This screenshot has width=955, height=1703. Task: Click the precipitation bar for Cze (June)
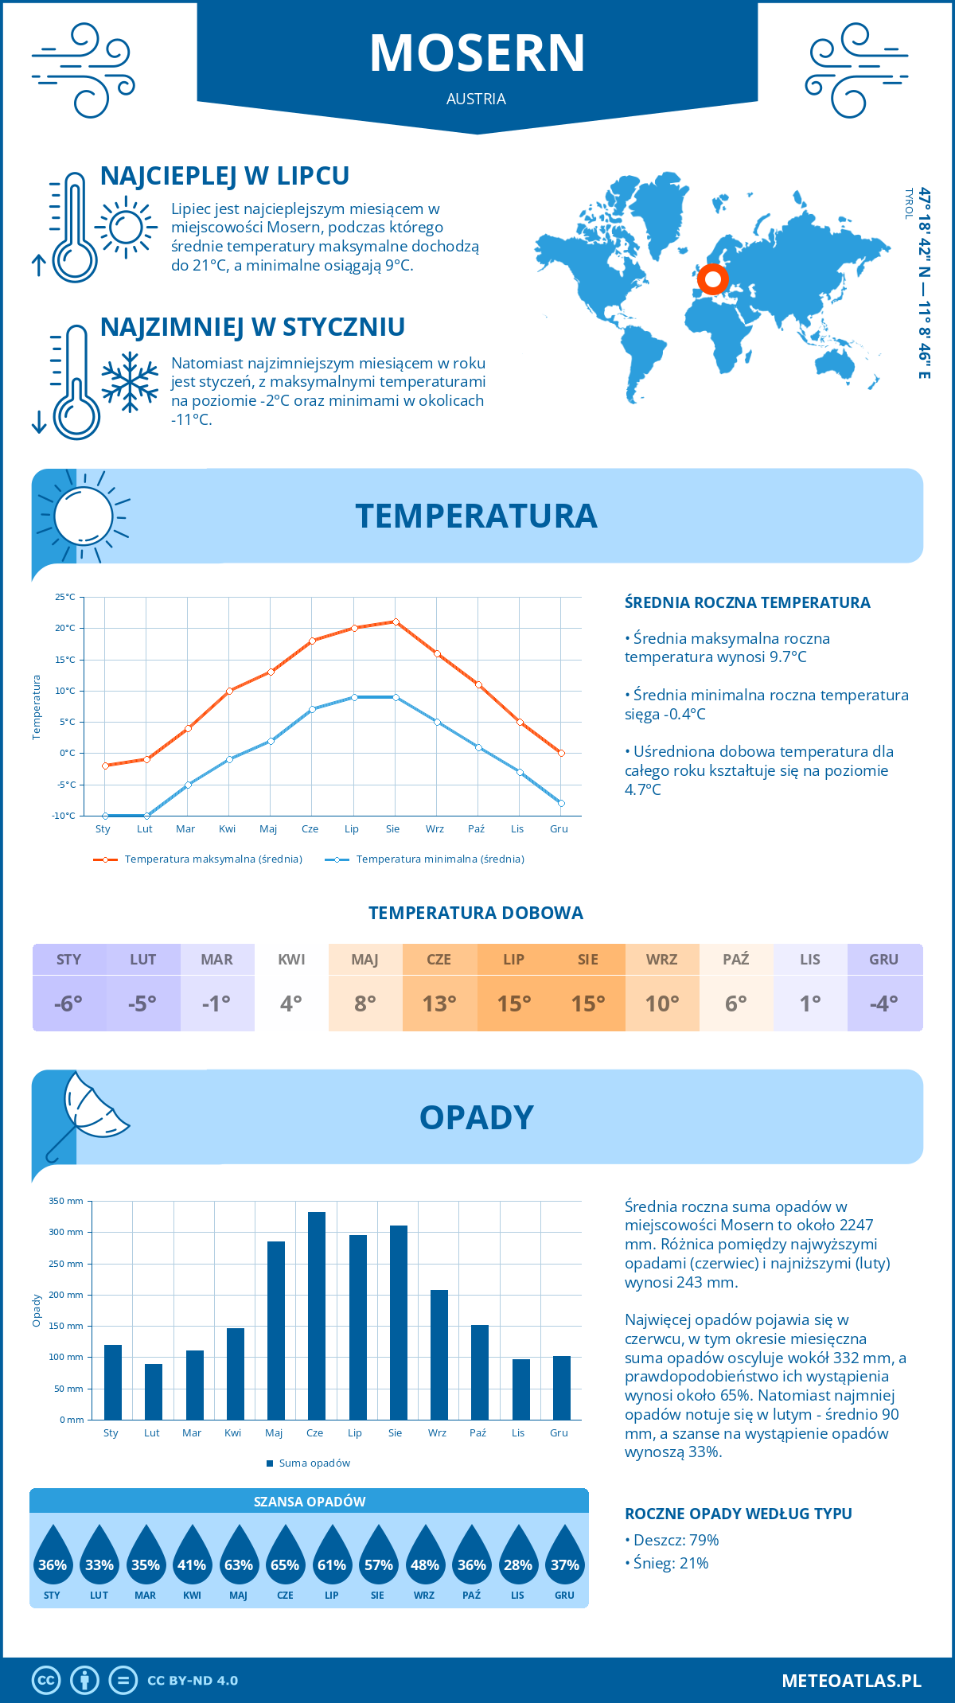(x=317, y=1316)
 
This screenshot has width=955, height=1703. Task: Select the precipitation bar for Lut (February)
(x=154, y=1392)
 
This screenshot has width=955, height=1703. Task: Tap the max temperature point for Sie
(x=396, y=622)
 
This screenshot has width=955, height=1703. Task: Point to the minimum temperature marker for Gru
(x=561, y=803)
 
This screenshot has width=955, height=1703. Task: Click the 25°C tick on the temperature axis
(x=65, y=597)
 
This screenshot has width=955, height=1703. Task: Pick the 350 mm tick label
(x=66, y=1201)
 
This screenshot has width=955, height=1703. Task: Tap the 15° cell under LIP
(x=514, y=1003)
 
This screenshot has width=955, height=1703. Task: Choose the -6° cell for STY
(x=68, y=1003)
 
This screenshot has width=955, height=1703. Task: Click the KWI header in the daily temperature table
(x=291, y=960)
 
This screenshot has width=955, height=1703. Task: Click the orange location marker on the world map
(x=712, y=279)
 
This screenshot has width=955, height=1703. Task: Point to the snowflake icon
(x=130, y=382)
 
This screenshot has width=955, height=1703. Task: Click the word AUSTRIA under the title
(x=476, y=99)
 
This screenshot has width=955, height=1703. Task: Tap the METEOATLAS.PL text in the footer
(x=852, y=1681)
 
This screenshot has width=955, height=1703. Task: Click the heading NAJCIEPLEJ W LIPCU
(x=224, y=176)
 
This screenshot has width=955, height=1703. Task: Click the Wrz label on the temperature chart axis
(x=435, y=829)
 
